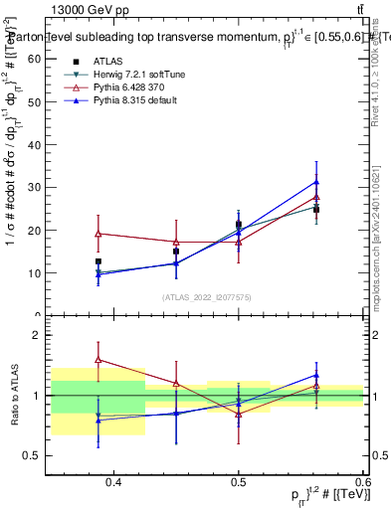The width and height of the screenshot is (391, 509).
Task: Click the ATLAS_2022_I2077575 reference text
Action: point(206,296)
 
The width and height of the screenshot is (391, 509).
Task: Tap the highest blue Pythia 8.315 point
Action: point(316,182)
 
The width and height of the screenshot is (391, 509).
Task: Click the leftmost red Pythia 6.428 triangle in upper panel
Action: point(98,234)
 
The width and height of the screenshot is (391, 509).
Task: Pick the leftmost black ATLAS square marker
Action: point(98,261)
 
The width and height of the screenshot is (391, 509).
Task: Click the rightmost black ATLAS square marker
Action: point(316,210)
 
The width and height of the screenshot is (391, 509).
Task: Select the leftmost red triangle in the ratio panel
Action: point(98,360)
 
